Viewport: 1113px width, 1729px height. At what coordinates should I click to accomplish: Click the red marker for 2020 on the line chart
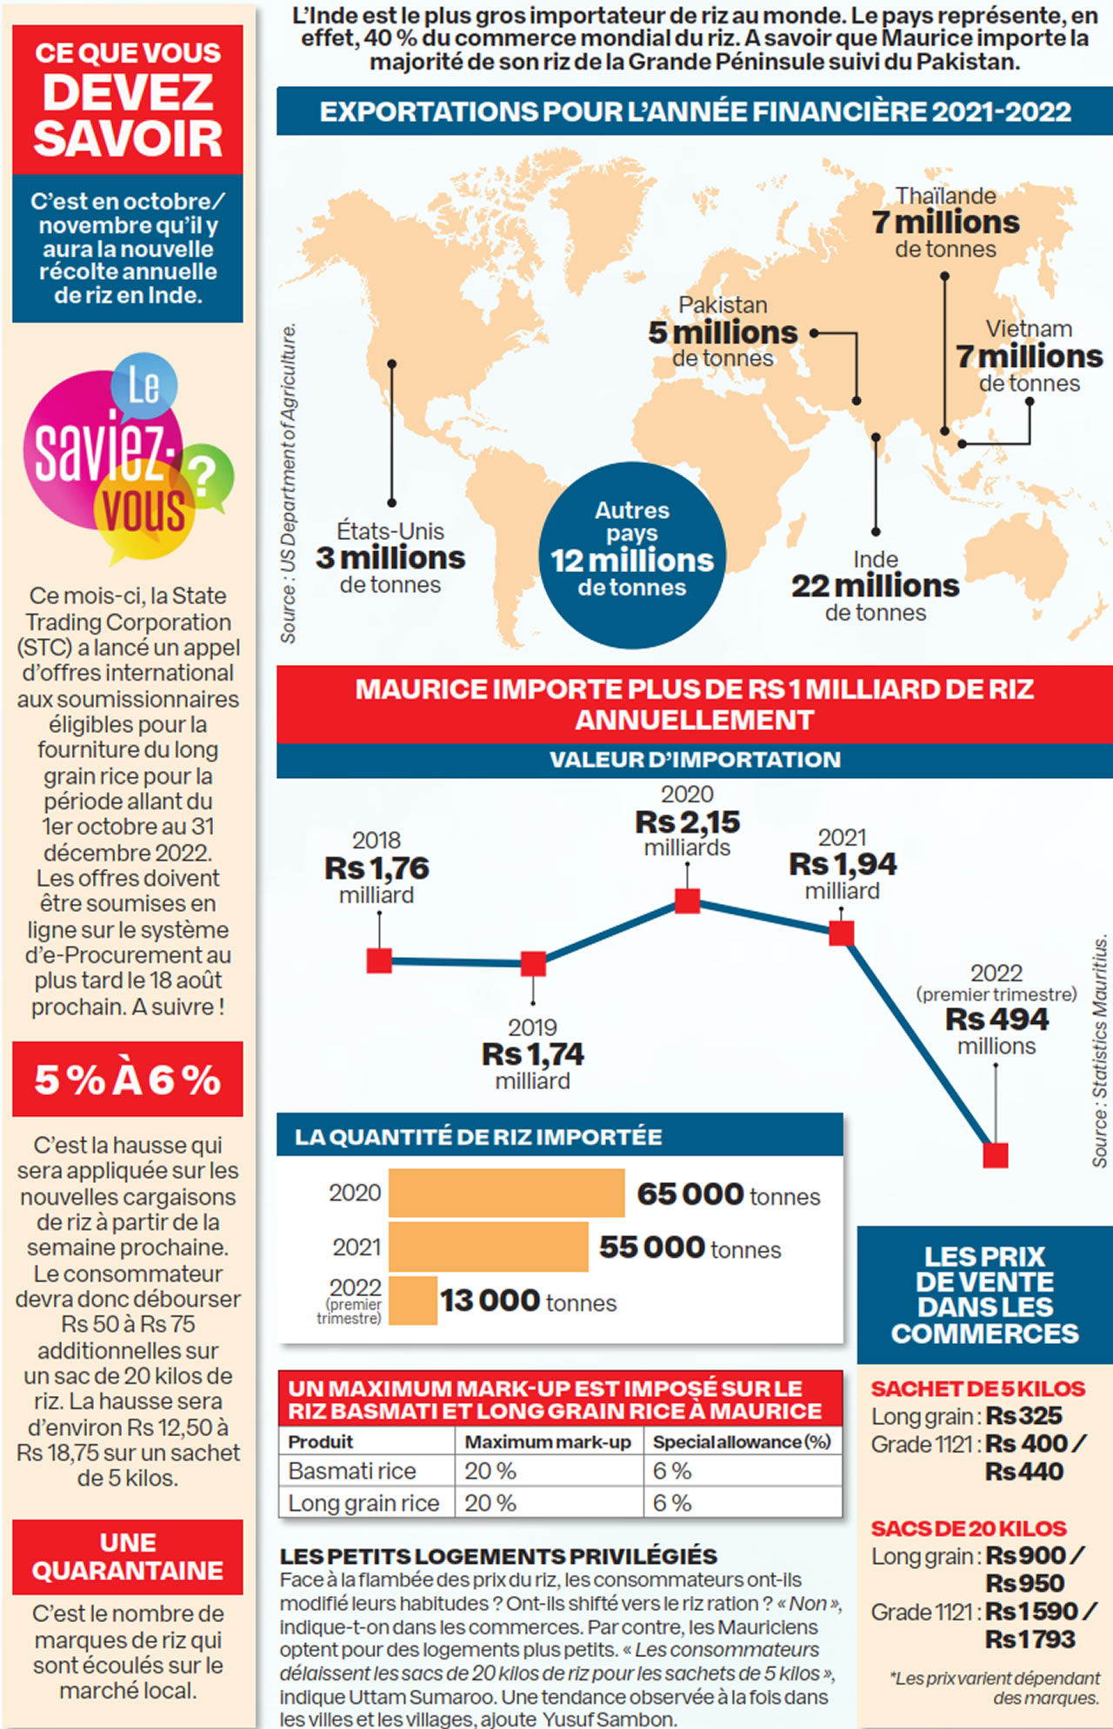(687, 901)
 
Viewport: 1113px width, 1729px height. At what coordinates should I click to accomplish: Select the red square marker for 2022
(995, 1155)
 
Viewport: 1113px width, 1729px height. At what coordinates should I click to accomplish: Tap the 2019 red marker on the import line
(533, 963)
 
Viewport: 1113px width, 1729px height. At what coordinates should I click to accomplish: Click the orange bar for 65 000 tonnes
(506, 1193)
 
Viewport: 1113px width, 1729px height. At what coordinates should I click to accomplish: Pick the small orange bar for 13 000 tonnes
(413, 1300)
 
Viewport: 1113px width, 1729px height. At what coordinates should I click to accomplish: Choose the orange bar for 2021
(488, 1247)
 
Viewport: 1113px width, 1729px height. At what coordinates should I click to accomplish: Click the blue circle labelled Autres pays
(632, 555)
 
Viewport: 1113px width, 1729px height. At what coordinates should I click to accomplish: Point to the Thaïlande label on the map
(946, 196)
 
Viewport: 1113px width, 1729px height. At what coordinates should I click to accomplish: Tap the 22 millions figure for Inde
(875, 586)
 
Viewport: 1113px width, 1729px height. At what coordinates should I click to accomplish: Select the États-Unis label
(390, 531)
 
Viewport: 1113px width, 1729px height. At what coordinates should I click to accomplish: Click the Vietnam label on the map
(1029, 329)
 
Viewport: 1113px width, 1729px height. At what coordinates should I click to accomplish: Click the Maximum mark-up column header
(548, 1442)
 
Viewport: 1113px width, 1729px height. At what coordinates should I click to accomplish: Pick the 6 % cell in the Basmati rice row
(672, 1471)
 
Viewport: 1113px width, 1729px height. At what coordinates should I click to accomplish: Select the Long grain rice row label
(363, 1503)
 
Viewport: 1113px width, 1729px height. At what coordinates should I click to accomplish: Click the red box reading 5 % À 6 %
(128, 1080)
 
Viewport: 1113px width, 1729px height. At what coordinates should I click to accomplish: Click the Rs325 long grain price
(1023, 1416)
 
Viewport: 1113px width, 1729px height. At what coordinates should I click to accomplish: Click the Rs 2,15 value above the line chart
(687, 821)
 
